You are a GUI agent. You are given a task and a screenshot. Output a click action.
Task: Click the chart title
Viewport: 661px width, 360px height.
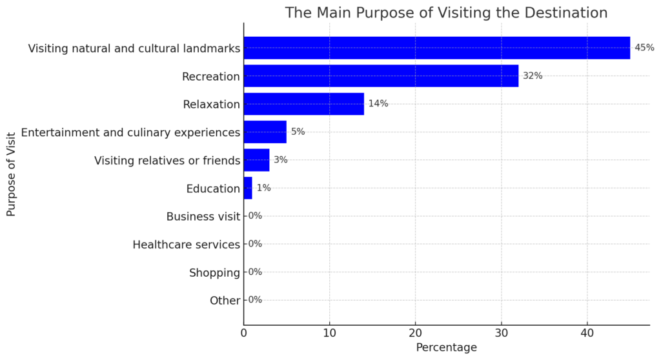coord(446,13)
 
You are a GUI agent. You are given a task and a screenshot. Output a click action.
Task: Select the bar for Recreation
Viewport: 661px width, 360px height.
coord(381,75)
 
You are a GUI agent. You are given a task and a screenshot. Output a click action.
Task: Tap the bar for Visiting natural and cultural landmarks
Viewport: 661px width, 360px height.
coord(436,48)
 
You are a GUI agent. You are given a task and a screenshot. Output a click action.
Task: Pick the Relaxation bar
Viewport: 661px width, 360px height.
coord(303,104)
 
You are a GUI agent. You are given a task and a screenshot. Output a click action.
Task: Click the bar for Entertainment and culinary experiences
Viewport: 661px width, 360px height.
coord(265,132)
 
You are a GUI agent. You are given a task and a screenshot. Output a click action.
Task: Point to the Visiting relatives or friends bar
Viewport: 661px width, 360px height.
coord(256,160)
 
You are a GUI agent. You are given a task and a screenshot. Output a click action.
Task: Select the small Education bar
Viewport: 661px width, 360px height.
coord(248,188)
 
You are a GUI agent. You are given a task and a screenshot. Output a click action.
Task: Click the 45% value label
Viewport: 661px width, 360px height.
coord(644,48)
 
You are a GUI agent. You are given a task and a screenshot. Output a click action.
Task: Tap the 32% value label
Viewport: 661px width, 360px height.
coord(533,75)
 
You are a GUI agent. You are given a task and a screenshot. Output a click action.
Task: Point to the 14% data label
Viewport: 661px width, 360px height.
coord(378,104)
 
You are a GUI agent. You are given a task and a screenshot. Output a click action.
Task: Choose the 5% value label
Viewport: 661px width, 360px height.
coord(298,132)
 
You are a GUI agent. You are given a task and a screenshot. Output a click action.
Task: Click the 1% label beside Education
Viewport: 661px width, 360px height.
coord(263,188)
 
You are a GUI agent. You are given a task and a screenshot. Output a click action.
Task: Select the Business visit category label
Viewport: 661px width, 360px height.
coord(203,217)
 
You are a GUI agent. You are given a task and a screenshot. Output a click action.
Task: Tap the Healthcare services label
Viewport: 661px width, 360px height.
coord(186,245)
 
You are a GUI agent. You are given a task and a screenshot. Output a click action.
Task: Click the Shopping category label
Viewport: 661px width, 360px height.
coord(214,273)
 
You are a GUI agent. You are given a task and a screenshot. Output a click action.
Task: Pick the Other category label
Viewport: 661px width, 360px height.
coord(225,301)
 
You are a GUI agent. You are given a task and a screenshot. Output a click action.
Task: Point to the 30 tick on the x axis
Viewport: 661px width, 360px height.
coord(501,334)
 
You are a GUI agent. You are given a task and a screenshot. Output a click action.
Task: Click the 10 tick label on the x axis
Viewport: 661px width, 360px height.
coord(329,334)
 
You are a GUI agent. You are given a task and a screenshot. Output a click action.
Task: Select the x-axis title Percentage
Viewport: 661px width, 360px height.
coord(446,348)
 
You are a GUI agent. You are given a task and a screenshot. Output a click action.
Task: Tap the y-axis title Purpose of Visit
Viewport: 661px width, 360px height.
coord(11,174)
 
